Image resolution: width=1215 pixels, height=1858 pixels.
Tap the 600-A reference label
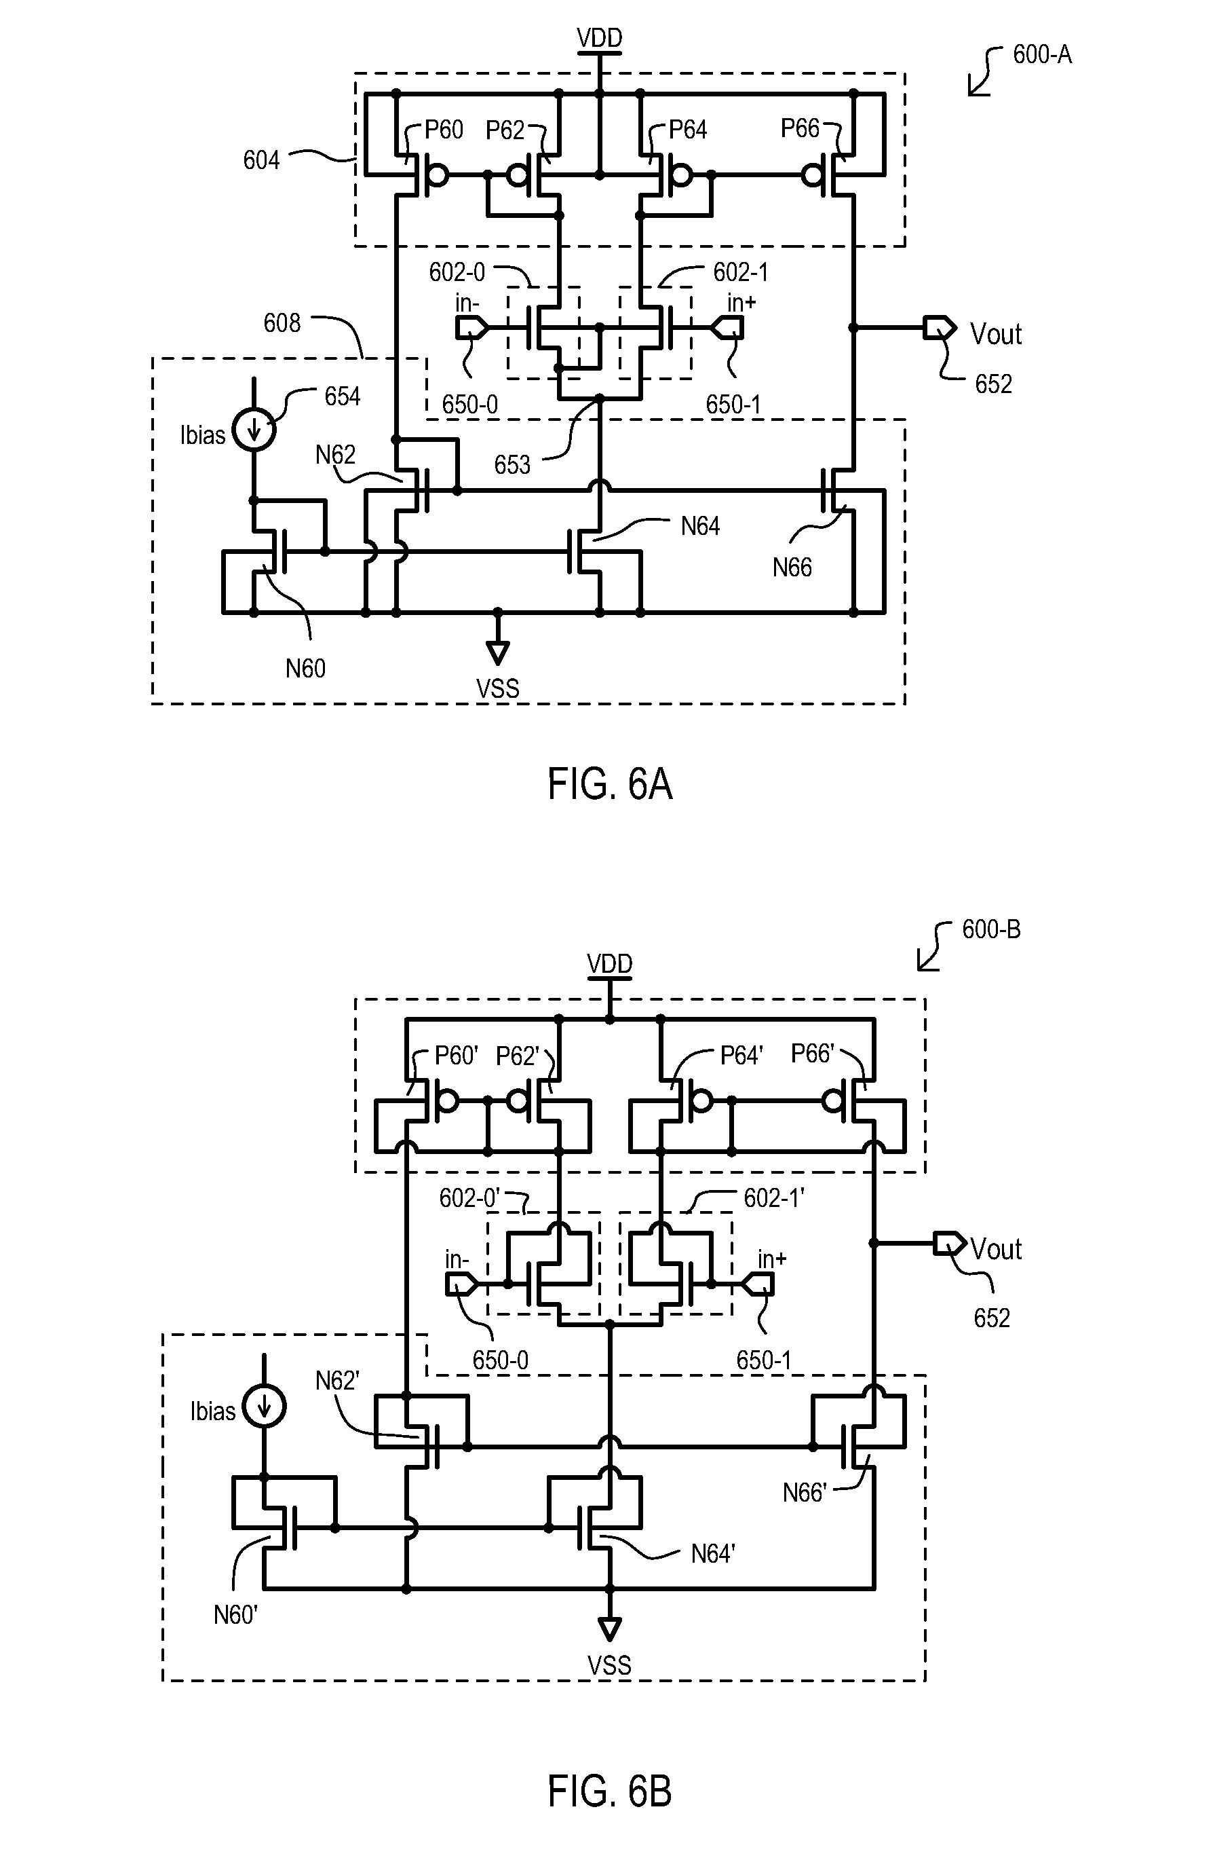click(1042, 54)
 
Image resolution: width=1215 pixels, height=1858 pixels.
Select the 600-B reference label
click(991, 929)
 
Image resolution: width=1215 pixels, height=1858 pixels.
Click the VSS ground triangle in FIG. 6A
click(497, 652)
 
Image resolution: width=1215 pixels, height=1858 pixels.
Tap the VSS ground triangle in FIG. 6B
click(609, 1629)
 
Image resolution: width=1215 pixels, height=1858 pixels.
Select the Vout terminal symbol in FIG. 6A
click(940, 328)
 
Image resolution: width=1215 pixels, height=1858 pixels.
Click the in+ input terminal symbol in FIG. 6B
click(758, 1284)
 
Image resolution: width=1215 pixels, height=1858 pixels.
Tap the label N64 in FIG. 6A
click(700, 527)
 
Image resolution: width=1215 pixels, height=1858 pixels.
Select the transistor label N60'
click(235, 1614)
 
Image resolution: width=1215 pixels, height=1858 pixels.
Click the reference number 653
click(512, 465)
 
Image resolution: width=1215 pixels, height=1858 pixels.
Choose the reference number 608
click(282, 323)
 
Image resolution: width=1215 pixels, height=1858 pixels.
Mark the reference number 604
click(261, 161)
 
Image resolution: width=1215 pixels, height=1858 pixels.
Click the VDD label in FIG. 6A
click(599, 37)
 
